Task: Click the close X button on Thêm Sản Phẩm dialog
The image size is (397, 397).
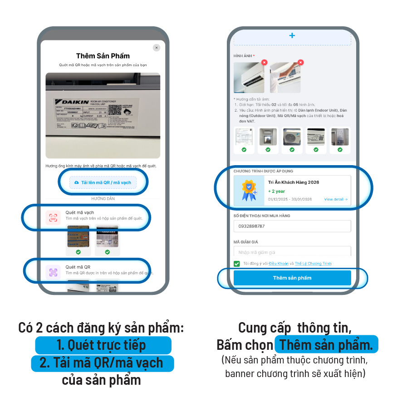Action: [x=156, y=48]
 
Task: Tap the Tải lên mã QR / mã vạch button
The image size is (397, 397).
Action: [x=103, y=182]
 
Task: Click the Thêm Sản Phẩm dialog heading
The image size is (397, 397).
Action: [x=103, y=56]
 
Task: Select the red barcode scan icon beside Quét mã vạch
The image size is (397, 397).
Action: [x=53, y=217]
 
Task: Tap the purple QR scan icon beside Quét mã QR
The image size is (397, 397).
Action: [x=53, y=272]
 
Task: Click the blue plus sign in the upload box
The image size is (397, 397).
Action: [x=292, y=35]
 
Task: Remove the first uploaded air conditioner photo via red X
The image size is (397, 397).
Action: [x=264, y=63]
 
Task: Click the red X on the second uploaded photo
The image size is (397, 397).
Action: [x=300, y=63]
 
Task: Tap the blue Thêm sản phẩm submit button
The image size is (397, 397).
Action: [x=292, y=278]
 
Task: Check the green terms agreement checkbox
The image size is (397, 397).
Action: [x=237, y=264]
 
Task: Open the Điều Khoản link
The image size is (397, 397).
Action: [x=278, y=264]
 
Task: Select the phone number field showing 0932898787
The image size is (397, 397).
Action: [x=292, y=226]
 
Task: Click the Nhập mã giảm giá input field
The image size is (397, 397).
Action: [x=292, y=252]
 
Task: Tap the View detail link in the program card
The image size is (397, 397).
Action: [x=336, y=199]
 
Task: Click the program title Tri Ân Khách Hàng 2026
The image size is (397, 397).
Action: [x=293, y=182]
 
